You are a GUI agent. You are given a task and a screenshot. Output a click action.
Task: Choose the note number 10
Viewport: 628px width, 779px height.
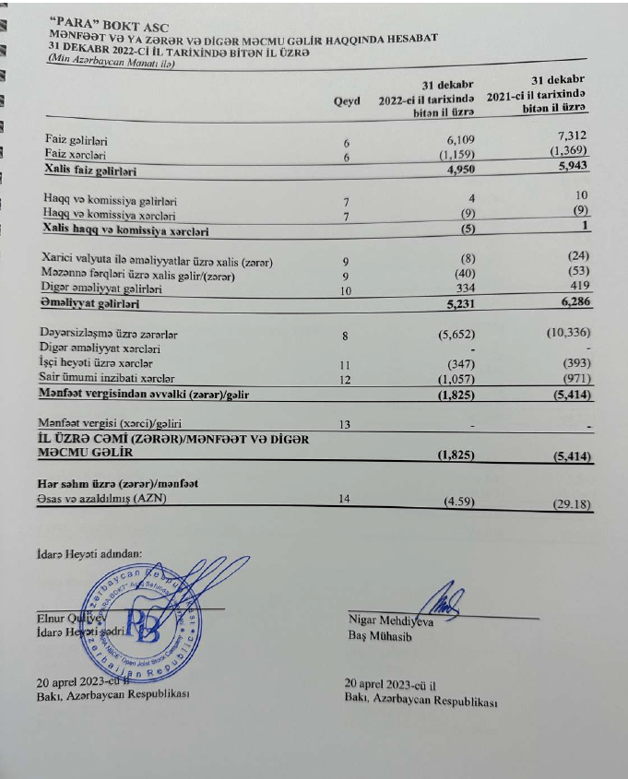click(x=347, y=289)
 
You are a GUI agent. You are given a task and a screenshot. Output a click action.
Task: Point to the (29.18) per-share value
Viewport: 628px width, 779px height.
click(x=568, y=504)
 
